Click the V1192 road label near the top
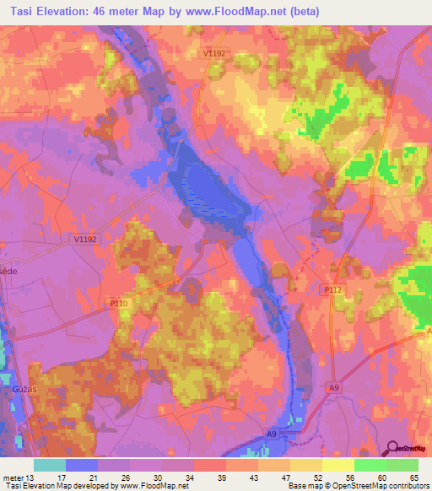click(x=214, y=53)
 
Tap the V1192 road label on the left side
click(x=85, y=240)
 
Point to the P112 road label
click(x=332, y=289)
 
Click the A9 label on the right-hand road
click(x=335, y=387)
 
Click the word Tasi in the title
click(x=26, y=11)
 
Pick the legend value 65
click(x=413, y=476)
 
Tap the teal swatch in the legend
click(x=50, y=465)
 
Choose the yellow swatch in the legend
click(x=337, y=465)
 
